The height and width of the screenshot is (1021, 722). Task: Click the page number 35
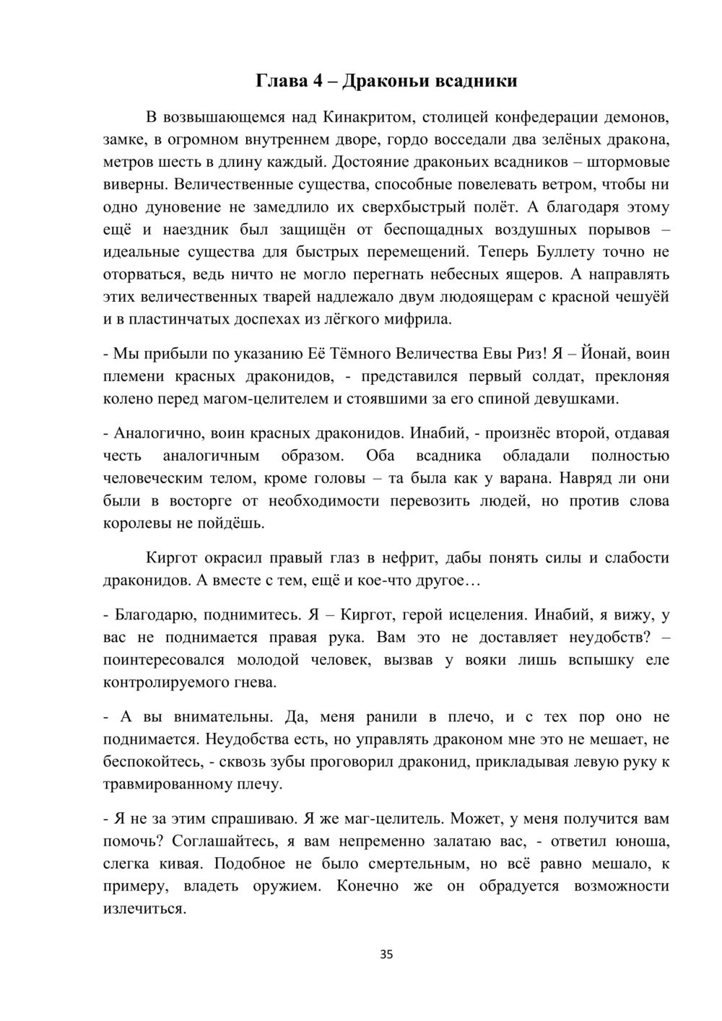386,955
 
